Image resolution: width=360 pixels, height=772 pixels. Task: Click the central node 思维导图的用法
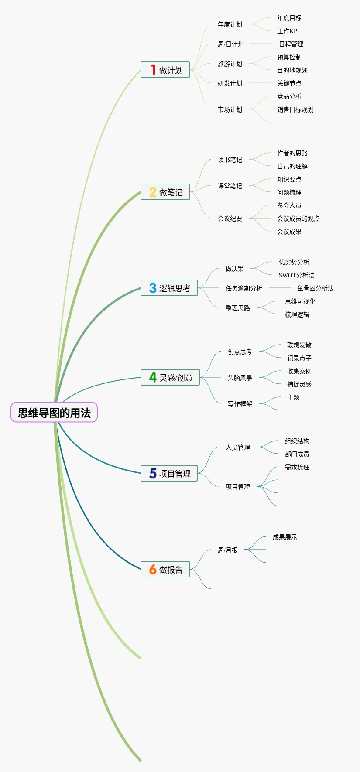(54, 412)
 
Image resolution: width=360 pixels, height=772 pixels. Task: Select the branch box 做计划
(165, 70)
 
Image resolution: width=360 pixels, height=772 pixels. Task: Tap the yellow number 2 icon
(153, 192)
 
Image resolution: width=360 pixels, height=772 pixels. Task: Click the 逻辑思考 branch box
(169, 288)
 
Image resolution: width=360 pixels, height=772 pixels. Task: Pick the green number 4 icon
(153, 377)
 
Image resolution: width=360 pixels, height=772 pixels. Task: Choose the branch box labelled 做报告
(165, 569)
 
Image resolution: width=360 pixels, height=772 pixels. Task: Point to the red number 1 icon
(153, 70)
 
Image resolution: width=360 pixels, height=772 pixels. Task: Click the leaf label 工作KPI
(288, 31)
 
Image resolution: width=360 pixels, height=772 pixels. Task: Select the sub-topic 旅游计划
(230, 64)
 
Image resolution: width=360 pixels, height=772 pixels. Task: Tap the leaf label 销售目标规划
(295, 109)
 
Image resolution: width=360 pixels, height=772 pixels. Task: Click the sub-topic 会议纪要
(230, 219)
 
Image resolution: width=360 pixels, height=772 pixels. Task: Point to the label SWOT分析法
(296, 275)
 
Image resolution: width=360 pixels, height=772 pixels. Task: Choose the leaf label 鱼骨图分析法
(315, 288)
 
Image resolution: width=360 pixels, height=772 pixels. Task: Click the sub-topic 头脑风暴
(240, 378)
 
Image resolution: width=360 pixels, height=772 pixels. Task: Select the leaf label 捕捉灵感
(299, 384)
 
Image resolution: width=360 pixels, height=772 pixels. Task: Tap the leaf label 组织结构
(297, 441)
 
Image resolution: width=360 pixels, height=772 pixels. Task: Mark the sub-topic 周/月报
(228, 550)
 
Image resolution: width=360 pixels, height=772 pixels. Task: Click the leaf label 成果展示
(285, 537)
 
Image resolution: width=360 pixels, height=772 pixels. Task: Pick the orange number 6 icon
(153, 569)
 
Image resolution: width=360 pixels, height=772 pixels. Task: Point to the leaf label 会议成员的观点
(298, 219)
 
